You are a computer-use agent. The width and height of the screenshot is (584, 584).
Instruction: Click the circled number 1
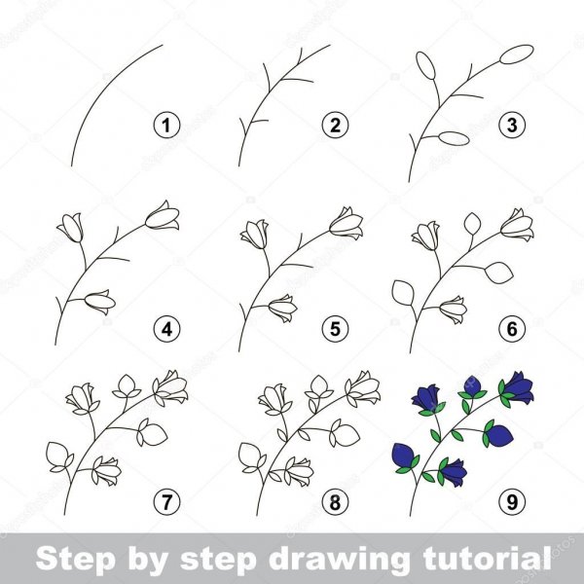[166, 126]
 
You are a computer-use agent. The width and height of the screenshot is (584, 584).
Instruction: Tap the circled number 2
[335, 126]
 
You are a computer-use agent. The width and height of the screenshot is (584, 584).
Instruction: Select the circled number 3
[512, 126]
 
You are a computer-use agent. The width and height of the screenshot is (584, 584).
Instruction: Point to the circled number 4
[166, 329]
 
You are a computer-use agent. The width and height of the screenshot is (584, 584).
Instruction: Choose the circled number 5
[335, 329]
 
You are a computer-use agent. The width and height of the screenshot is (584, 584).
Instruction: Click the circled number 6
[512, 329]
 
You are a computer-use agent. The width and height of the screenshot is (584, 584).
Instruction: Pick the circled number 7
[166, 501]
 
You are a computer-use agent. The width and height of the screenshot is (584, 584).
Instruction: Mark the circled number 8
[335, 501]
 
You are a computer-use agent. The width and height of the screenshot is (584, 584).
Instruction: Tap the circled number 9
[512, 501]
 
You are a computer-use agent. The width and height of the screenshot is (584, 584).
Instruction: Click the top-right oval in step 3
[517, 55]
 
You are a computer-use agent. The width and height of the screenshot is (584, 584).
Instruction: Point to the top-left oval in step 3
[425, 65]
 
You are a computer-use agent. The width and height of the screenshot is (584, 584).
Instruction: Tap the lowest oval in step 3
[454, 138]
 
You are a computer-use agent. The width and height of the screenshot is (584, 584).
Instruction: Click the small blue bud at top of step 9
[472, 385]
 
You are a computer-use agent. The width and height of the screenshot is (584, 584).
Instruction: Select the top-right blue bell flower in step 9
[519, 388]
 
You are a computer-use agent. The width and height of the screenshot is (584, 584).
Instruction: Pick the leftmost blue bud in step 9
[404, 456]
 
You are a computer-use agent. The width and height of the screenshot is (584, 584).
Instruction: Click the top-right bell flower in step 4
[163, 217]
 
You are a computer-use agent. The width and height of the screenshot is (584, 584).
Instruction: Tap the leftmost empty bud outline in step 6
[403, 293]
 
